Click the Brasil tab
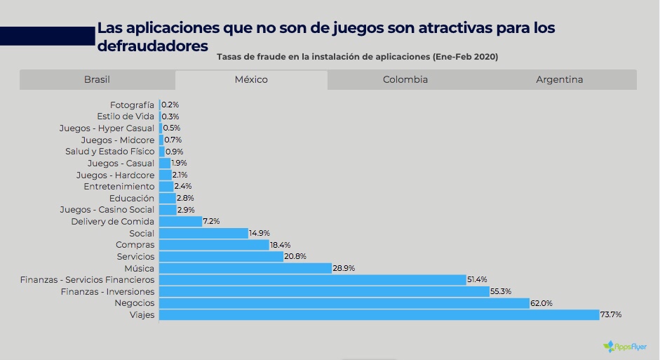97,79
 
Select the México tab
251,79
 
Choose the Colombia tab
405,79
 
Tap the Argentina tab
559,79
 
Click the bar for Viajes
379,315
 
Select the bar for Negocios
344,303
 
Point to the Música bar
245,268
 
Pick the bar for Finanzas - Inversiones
324,291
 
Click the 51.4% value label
477,279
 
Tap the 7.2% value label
211,221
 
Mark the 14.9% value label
260,233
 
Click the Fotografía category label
132,105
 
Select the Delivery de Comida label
112,221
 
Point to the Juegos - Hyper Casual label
107,128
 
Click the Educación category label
131,198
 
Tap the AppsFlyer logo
625,346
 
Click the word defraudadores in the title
153,45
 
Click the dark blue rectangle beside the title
47,36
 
